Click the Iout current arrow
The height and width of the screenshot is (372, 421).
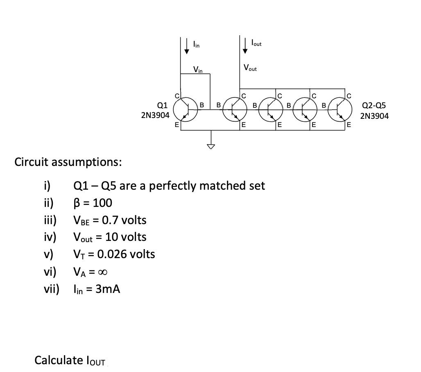[245, 45]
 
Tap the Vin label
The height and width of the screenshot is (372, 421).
[198, 69]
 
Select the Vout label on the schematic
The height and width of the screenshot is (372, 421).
[250, 68]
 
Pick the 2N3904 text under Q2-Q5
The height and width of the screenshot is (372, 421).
[374, 116]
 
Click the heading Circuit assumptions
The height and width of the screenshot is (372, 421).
[68, 162]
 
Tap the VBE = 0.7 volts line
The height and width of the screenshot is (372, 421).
[109, 220]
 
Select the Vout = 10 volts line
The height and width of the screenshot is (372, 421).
[109, 237]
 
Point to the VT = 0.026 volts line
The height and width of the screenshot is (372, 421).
[113, 254]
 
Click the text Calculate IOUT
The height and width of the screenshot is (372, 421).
[70, 361]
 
